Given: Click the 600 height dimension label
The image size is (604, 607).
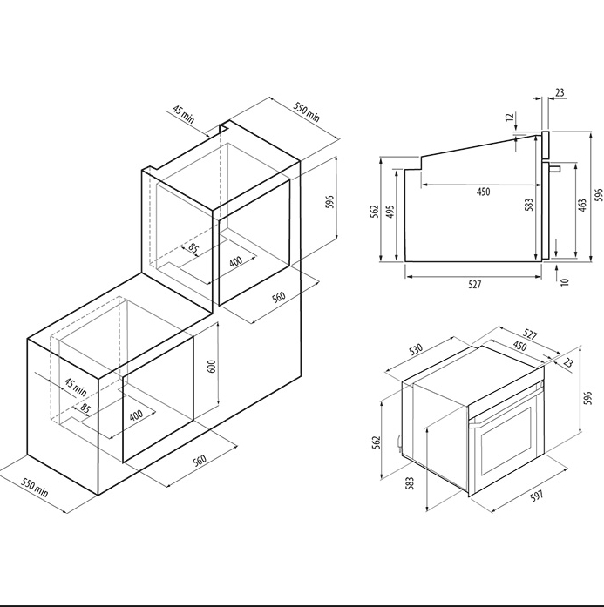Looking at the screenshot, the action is [x=212, y=366].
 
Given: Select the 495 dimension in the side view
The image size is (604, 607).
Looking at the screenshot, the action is [x=390, y=212].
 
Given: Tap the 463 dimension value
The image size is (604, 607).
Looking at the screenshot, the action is [x=582, y=206].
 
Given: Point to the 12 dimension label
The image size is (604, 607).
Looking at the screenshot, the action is [x=510, y=116].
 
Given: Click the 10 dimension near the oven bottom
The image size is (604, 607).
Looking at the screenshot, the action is [x=564, y=282].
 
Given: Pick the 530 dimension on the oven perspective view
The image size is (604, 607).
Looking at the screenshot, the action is [x=416, y=349].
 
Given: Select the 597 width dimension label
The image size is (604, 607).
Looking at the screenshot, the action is [x=538, y=496].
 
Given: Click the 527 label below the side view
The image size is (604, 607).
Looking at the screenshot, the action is [x=475, y=285].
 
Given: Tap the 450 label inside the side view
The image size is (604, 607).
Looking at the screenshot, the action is [x=483, y=192].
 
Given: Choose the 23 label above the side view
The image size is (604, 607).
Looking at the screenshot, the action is [x=560, y=93].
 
